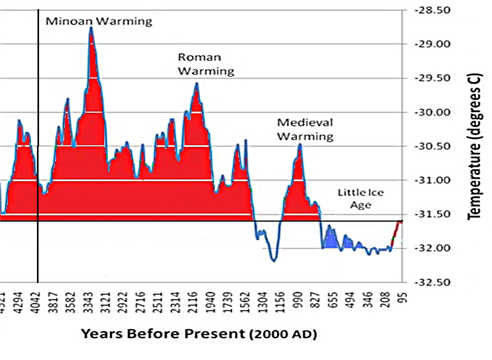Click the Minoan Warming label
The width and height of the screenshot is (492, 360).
[99, 21]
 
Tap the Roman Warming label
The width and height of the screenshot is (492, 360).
[206, 64]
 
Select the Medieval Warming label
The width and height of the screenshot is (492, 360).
[305, 129]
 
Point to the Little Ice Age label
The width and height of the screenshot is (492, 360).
[361, 198]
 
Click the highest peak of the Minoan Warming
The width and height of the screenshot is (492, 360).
[91, 28]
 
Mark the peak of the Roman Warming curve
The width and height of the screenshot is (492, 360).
[196, 83]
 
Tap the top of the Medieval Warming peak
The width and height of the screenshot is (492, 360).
[300, 144]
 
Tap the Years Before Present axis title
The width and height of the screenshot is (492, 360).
[199, 334]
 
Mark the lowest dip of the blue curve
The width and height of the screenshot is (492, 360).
[274, 260]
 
